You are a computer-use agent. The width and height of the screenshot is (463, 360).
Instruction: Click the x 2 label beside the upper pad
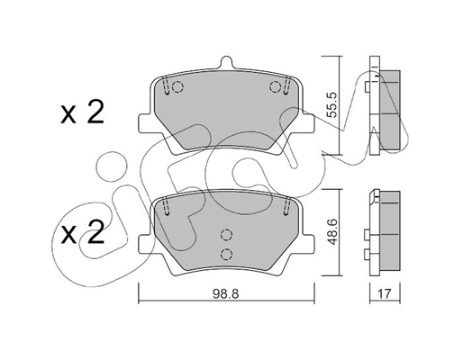point(82,113)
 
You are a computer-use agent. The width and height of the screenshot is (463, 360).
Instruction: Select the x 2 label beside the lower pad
point(82,236)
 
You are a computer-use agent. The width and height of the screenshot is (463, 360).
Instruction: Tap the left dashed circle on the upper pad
point(177,87)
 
